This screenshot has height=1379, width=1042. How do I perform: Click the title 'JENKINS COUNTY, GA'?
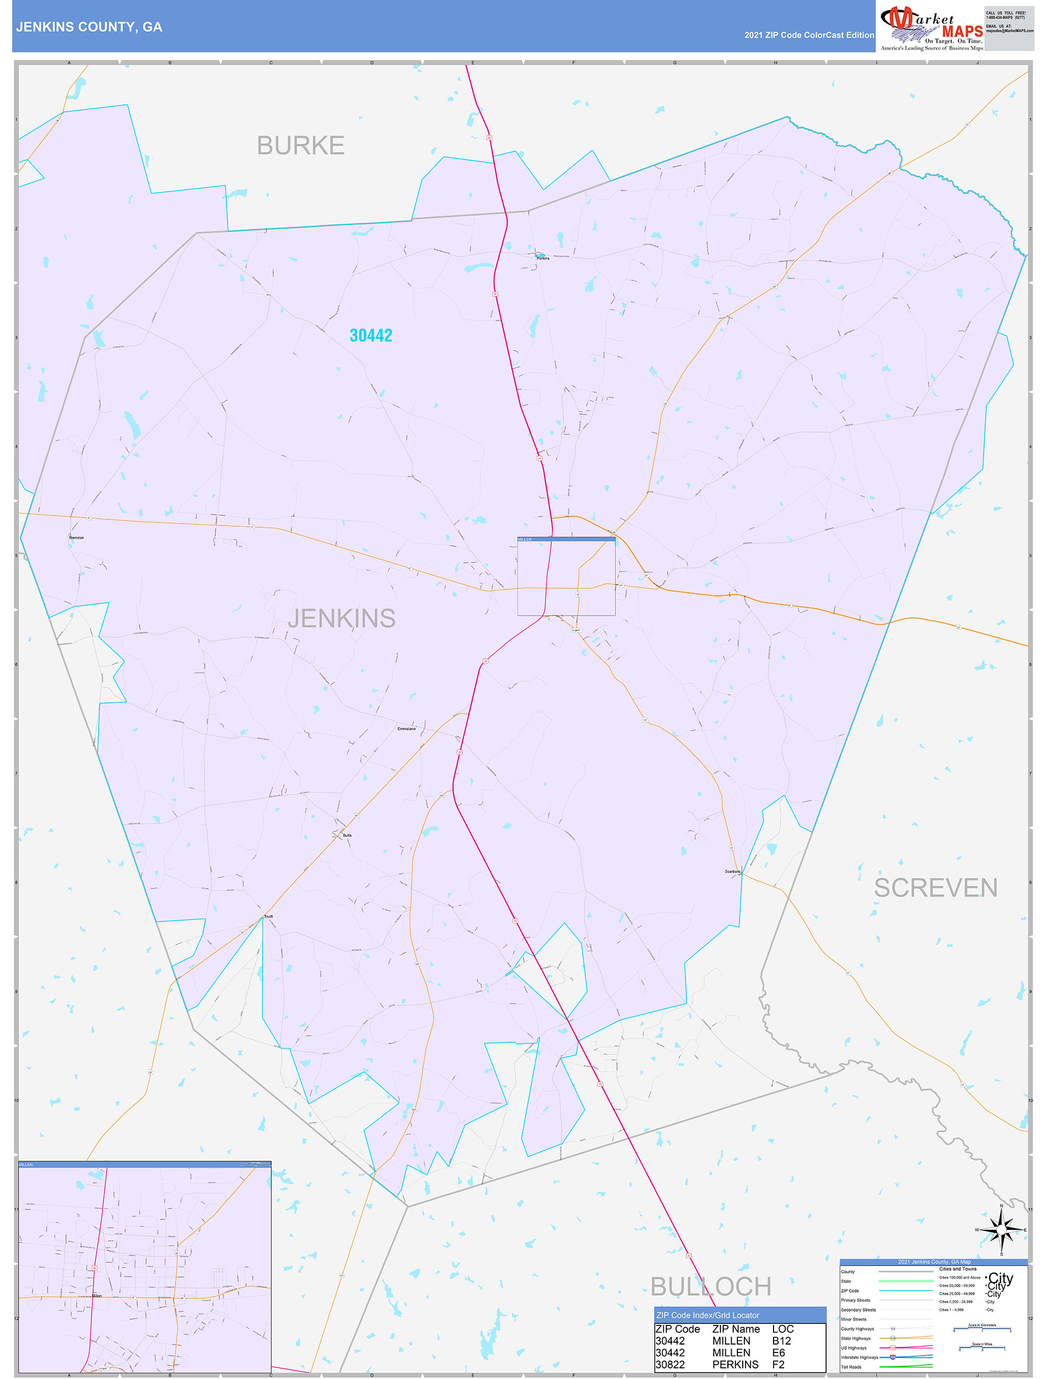point(89,27)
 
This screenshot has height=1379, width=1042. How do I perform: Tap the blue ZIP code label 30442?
point(370,335)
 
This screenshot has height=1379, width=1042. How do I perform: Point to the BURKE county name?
point(301,145)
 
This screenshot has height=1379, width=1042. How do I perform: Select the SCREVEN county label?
point(935,888)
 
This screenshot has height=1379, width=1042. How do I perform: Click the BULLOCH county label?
point(710,1286)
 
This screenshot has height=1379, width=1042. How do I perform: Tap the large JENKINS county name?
point(342,618)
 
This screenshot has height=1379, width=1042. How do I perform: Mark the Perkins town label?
point(543,258)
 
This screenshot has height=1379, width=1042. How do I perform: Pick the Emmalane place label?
point(406,728)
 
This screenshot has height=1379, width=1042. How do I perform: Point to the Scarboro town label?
point(732,871)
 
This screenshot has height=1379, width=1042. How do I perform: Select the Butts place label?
point(348,835)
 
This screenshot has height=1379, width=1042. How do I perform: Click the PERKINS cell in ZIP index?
point(735,1364)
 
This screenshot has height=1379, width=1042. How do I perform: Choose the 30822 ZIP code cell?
point(670,1364)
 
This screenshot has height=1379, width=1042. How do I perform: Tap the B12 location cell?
point(782,1340)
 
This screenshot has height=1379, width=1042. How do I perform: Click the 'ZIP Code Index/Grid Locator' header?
point(707,1315)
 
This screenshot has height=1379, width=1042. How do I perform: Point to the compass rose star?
point(1002,1230)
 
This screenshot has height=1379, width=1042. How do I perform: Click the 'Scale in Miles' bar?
point(982,1349)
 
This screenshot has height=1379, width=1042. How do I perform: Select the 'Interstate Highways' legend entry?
point(860,1357)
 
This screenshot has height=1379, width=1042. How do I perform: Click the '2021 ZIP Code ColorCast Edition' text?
point(809,35)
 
